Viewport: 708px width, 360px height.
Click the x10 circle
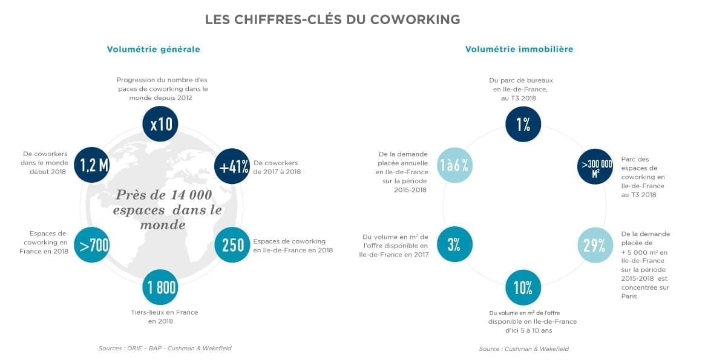tap(160, 124)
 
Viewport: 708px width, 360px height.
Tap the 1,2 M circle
tap(91, 165)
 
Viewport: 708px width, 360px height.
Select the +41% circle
tap(233, 166)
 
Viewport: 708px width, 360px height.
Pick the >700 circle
tap(92, 245)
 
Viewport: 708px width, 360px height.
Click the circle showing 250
tap(233, 244)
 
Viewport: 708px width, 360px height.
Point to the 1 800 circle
tap(161, 287)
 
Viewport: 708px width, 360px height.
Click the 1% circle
tap(523, 124)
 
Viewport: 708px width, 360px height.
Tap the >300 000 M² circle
tap(595, 167)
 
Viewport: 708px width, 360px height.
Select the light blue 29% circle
tap(595, 245)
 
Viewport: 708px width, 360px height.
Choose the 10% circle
tap(523, 287)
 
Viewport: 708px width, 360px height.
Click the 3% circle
tap(454, 245)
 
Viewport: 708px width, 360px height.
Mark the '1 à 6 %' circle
tap(454, 166)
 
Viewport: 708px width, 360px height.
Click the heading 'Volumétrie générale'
tap(153, 50)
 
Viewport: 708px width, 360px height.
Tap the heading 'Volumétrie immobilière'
tap(519, 50)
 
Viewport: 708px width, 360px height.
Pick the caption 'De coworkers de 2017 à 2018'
tap(277, 167)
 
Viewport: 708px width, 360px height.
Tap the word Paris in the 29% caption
tap(629, 296)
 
